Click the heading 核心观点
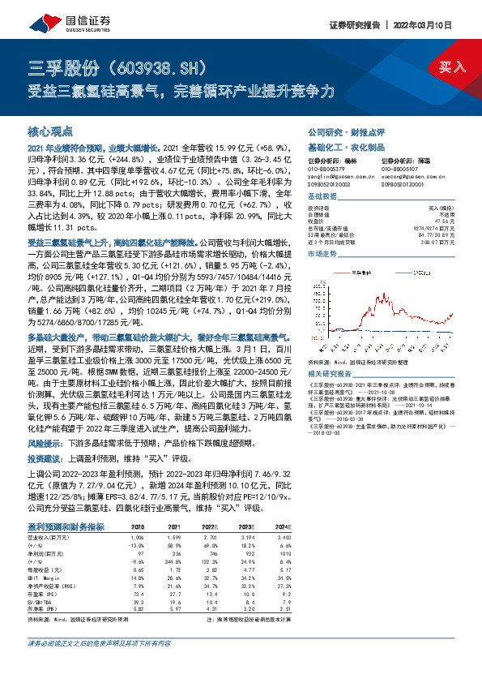(x=50, y=131)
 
